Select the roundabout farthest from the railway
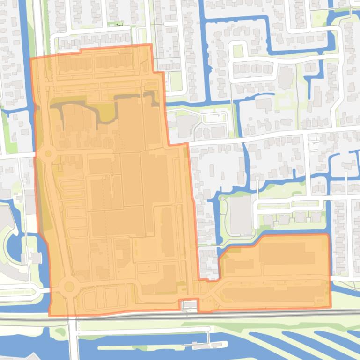click(x=47, y=153)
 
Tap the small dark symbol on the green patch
click(x=119, y=24)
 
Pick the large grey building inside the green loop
click(x=241, y=215)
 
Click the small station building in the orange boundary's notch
click(x=190, y=306)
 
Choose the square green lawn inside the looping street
click(x=238, y=50)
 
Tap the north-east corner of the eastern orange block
click(x=328, y=235)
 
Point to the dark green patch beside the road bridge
click(x=59, y=332)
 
